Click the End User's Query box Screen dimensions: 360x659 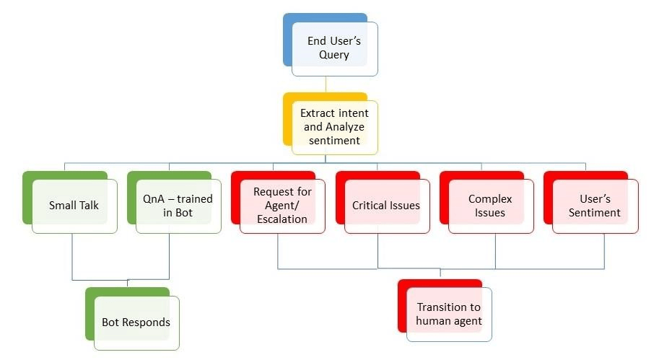tap(334, 48)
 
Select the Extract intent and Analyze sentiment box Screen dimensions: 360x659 tap(334, 127)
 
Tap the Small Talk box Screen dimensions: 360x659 tap(74, 206)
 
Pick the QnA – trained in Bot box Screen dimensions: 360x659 tap(178, 206)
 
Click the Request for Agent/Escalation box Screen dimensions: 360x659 tap(282, 206)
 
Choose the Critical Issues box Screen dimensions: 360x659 tap(386, 206)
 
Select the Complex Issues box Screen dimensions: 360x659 tap(490, 206)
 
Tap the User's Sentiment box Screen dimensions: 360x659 tap(594, 206)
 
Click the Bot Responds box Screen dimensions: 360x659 tap(136, 322)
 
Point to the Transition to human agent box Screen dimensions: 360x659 tap(449, 315)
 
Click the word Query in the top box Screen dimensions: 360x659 tap(334, 55)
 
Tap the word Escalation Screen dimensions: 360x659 tap(282, 219)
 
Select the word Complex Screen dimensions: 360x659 tap(490, 198)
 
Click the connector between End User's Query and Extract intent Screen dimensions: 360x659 tap(326, 84)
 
